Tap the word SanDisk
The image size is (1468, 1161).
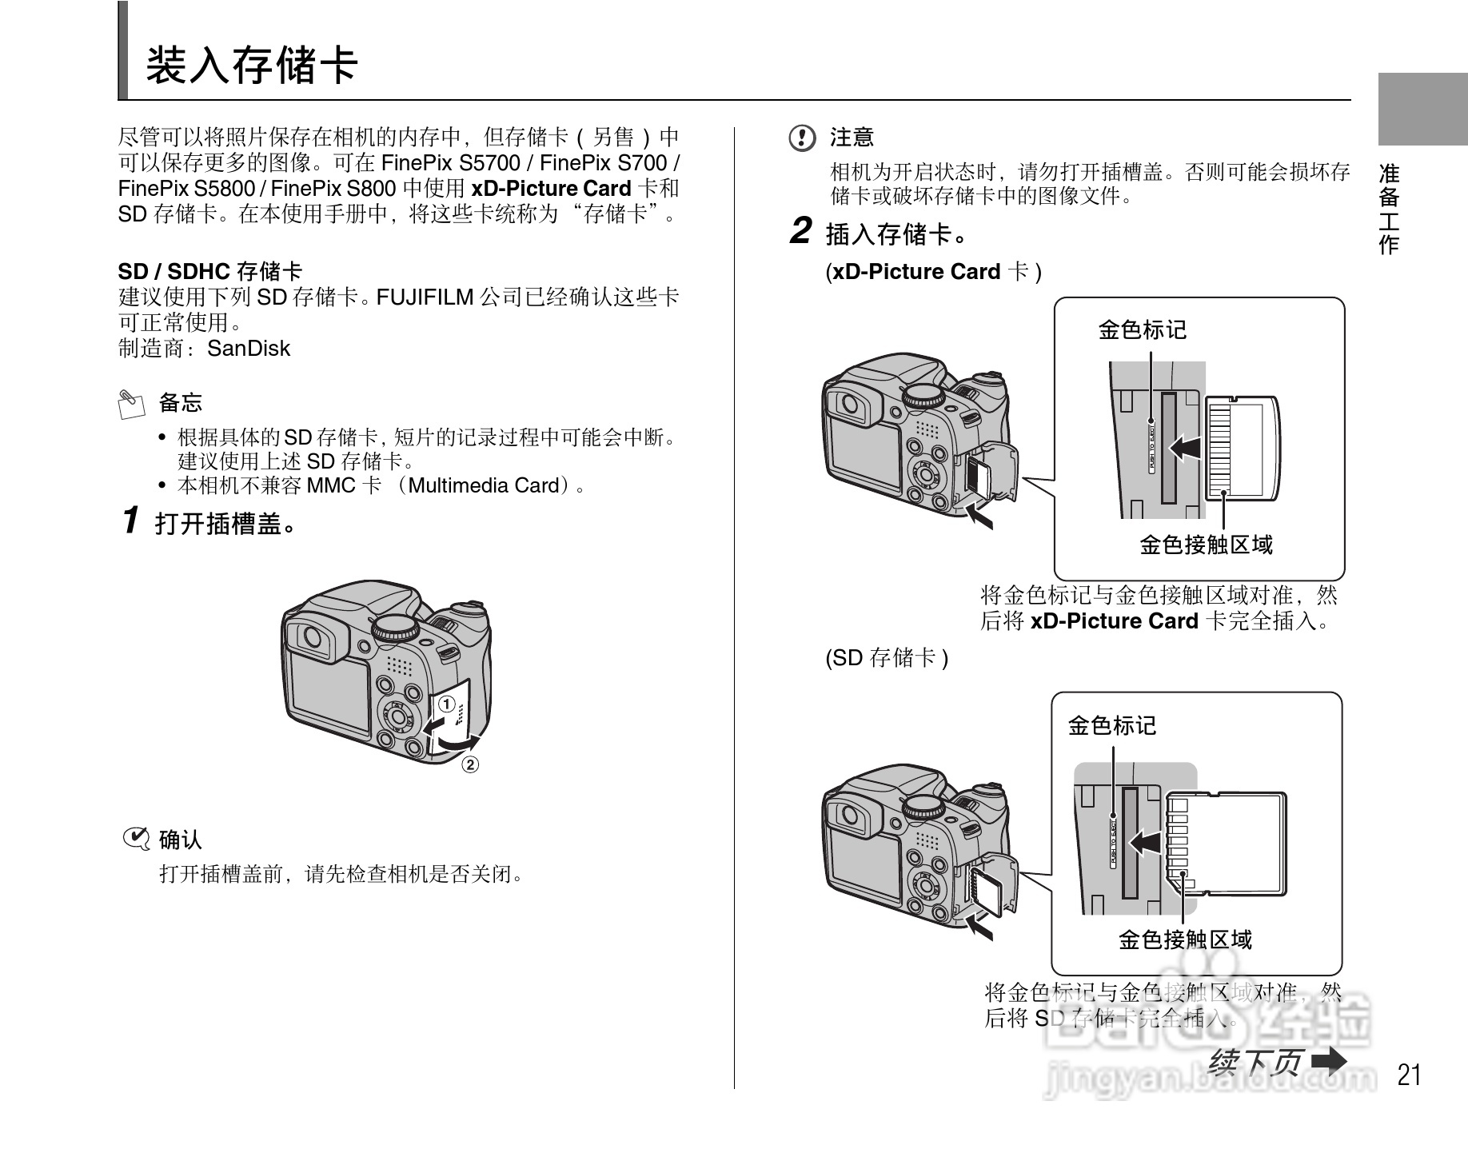(249, 349)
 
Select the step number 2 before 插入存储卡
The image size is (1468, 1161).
(801, 231)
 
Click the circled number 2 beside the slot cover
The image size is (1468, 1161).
(470, 765)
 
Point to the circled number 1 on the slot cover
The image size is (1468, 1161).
(445, 704)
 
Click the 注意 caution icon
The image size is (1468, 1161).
(801, 138)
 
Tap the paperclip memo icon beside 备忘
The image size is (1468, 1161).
(131, 404)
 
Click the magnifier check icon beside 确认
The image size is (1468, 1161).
(136, 839)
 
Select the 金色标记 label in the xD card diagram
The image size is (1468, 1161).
(1142, 329)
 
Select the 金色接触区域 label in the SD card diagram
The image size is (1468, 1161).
(1184, 940)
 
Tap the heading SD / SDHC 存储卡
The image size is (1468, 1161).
(210, 271)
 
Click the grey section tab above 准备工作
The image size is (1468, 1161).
(1422, 109)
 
